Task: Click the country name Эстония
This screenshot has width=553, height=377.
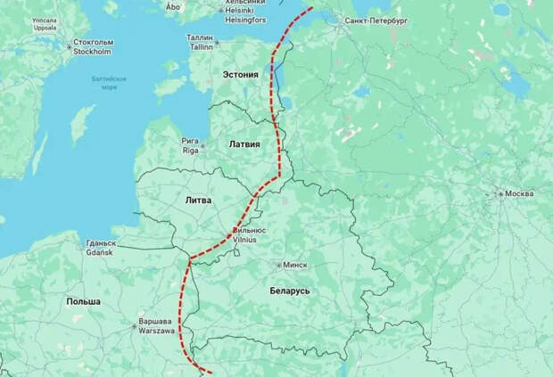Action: (240, 75)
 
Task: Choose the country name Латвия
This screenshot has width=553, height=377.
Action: (244, 143)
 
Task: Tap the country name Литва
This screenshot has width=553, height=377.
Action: (197, 201)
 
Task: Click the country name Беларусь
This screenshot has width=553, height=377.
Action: (290, 291)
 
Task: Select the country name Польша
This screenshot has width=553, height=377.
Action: (83, 302)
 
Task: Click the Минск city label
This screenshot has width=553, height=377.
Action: (295, 265)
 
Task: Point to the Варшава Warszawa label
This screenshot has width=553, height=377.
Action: (155, 325)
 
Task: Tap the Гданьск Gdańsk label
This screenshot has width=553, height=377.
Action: (100, 247)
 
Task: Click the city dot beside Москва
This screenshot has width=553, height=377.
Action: (500, 193)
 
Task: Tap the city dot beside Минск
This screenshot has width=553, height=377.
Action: (278, 265)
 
